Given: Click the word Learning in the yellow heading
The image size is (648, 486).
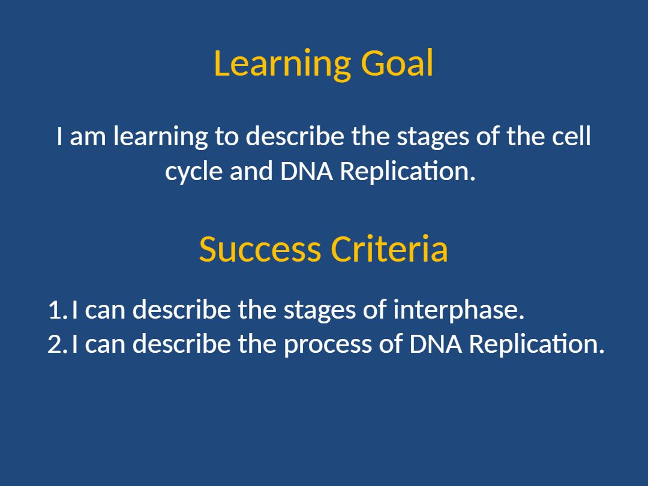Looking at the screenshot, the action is pos(283,64).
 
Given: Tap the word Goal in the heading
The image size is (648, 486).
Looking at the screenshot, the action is pos(397,63).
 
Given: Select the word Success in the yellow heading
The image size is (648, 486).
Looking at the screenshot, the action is pos(260,249).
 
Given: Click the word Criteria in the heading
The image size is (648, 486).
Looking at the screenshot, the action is pos(389,249).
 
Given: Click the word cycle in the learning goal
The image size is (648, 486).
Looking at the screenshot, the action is pos(194,172).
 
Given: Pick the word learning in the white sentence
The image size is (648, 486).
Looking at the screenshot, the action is pos(160,137).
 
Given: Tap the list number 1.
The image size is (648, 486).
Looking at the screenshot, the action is pos(57,310).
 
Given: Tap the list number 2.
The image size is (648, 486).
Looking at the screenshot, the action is pos(57,344).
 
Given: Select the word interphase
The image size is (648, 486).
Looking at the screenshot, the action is pos(459,311).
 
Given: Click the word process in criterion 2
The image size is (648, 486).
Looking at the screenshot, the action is pos(328,345).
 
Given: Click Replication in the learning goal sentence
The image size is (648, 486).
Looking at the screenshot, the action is pos(408,172).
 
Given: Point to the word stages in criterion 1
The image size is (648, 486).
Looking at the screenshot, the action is pos(319,311).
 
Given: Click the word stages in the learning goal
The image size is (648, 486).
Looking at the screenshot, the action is pos(433,137).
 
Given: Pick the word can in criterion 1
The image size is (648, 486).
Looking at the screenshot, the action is pos(105,311).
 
